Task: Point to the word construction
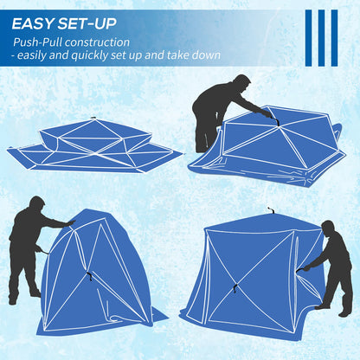pyautogui.click(x=100, y=41)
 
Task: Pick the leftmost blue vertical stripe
pyautogui.click(x=310, y=38)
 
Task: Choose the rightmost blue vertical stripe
pyautogui.click(x=335, y=38)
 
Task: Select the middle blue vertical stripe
pyautogui.click(x=322, y=38)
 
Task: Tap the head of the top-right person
pyautogui.click(x=241, y=84)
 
